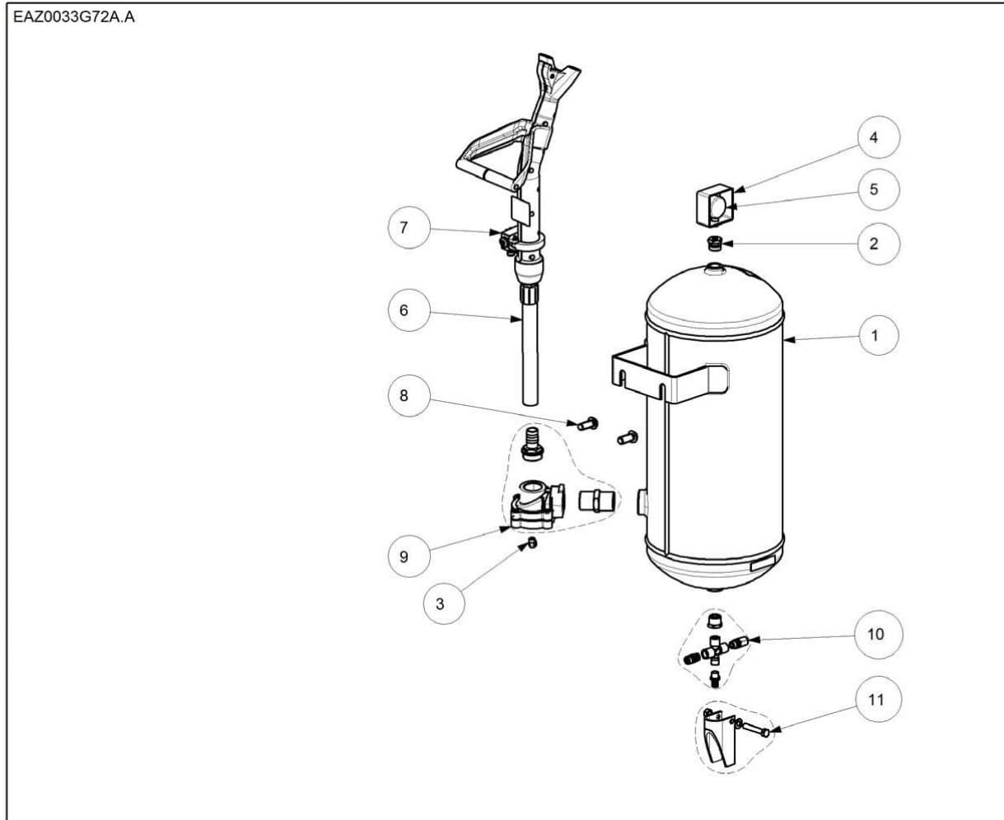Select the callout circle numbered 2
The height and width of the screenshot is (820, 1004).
coord(874,243)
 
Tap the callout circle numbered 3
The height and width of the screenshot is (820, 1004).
coord(440,603)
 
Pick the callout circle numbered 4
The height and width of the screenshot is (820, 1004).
coord(874,137)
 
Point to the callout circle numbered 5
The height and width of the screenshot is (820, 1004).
coord(874,189)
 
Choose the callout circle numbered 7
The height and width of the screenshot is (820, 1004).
coord(404,227)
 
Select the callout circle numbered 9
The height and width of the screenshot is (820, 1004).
coord(404,557)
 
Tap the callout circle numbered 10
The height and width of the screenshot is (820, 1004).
coord(876,634)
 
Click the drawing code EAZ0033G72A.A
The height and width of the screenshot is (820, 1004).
coord(74,18)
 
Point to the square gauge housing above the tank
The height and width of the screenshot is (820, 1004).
coord(713,203)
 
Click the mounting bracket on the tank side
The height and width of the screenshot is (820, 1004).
coord(669,375)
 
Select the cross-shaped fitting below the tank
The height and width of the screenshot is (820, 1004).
coord(713,650)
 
